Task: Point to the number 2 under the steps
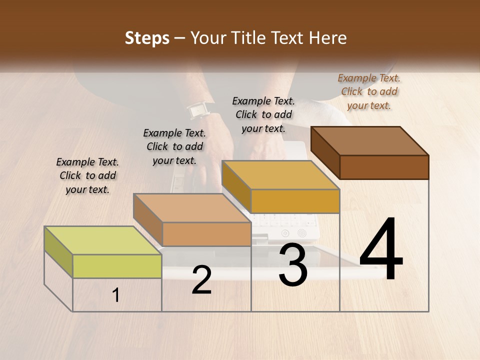click(201, 280)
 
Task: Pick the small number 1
click(116, 295)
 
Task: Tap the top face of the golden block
click(280, 175)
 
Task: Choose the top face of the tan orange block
click(192, 208)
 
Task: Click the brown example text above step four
click(369, 91)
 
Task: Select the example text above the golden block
click(263, 114)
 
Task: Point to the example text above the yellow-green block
click(87, 175)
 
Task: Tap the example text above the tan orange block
click(174, 146)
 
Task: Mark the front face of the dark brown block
click(384, 167)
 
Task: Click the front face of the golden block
click(295, 201)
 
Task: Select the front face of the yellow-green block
click(117, 266)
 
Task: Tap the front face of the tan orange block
click(206, 234)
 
